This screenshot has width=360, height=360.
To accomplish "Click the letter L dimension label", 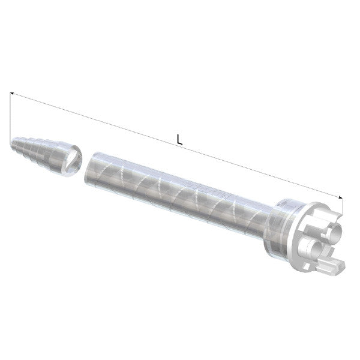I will (x=179, y=139).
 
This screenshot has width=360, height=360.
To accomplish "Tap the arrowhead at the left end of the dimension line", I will (x=14, y=94).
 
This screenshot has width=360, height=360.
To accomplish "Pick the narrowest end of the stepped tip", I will (x=14, y=143).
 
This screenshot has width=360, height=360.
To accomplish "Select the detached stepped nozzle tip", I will (x=45, y=153).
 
